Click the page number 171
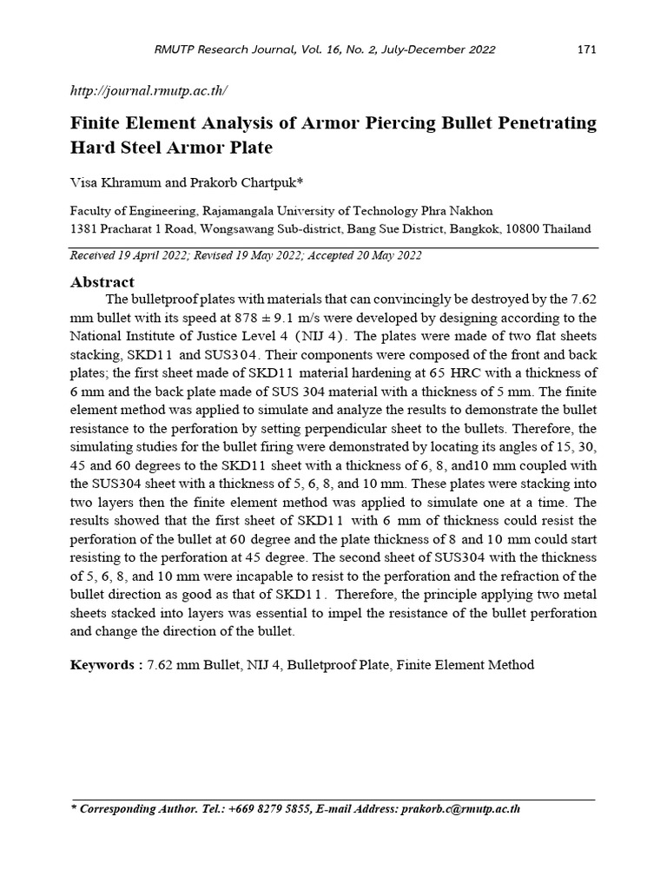pyautogui.click(x=587, y=49)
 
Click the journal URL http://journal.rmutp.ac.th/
pyautogui.click(x=149, y=90)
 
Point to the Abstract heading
pyautogui.click(x=102, y=282)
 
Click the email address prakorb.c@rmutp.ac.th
pyautogui.click(x=460, y=808)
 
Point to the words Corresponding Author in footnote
pyautogui.click(x=137, y=808)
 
